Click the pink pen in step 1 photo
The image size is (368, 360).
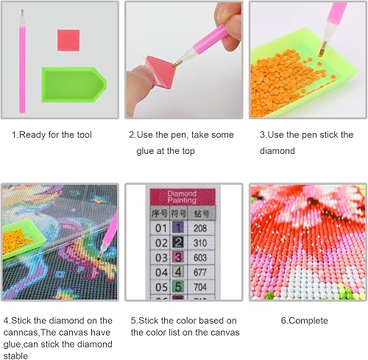click(x=22, y=61)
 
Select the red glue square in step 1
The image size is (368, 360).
click(x=68, y=40)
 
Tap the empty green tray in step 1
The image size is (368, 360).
click(x=74, y=85)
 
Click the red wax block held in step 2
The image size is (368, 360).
click(x=160, y=70)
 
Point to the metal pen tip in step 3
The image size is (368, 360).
click(x=322, y=49)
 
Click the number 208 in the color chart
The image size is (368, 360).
click(x=200, y=228)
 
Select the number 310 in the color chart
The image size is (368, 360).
click(x=200, y=243)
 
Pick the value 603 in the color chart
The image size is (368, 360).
click(x=200, y=258)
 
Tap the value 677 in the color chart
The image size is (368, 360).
click(x=200, y=272)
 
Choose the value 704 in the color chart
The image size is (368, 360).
click(x=200, y=287)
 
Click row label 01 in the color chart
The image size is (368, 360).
click(x=161, y=228)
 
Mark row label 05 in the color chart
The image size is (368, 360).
click(x=161, y=287)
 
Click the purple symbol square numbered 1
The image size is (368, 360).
click(x=178, y=227)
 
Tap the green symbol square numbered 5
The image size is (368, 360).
click(x=178, y=286)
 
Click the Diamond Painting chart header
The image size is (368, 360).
click(x=183, y=197)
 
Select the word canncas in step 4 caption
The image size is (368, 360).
click(x=20, y=333)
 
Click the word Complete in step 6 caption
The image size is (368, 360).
click(x=308, y=321)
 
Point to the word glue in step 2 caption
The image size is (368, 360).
click(x=145, y=151)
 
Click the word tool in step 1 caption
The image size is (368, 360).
click(x=84, y=135)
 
